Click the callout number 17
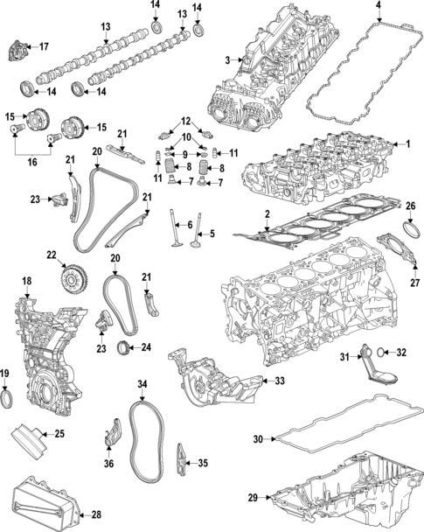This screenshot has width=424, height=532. [x=44, y=46]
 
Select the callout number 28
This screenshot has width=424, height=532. [x=96, y=514]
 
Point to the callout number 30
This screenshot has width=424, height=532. [x=258, y=439]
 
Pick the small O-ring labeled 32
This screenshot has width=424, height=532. [x=380, y=353]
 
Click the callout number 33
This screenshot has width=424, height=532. [x=280, y=381]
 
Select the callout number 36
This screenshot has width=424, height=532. [x=108, y=463]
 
